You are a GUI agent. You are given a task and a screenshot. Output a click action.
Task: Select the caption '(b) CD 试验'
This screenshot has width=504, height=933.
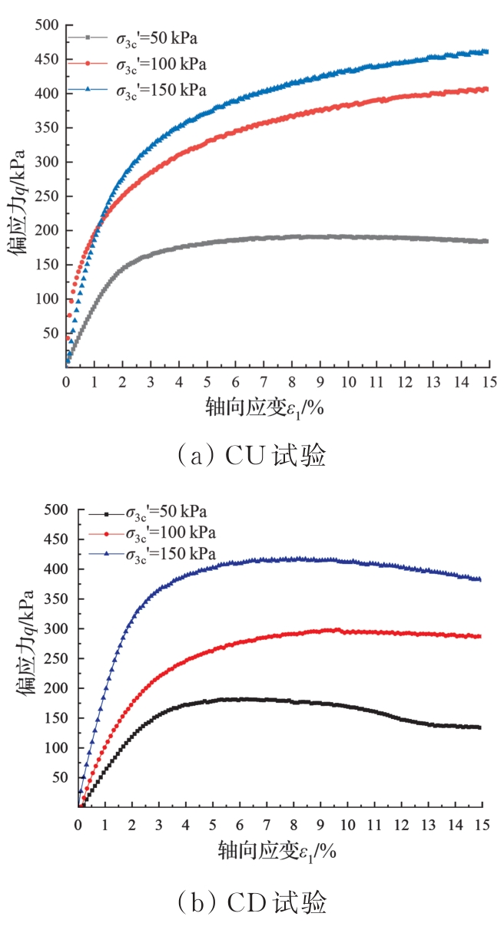pyautogui.click(x=252, y=903)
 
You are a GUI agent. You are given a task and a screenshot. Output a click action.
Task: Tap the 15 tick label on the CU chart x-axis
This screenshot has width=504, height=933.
pyautogui.click(x=489, y=382)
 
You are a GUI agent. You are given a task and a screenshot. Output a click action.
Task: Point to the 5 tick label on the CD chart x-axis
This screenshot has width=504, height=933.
pyautogui.click(x=212, y=825)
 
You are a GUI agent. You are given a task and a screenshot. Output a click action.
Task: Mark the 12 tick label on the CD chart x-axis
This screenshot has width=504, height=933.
pyautogui.click(x=400, y=825)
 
